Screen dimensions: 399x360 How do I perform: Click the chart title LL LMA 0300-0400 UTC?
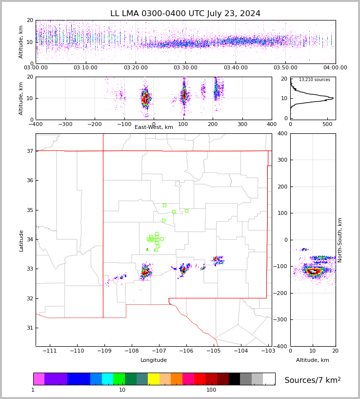point(185,14)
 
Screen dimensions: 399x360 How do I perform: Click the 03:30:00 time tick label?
point(185,67)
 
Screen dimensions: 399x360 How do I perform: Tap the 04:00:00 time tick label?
point(335,67)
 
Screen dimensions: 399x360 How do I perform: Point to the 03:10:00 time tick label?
point(85,67)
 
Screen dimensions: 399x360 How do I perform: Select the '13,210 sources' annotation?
point(314,80)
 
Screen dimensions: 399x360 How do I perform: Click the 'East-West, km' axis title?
point(154,127)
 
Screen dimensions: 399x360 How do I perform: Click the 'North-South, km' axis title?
point(340,240)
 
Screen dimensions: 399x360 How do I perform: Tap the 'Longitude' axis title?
point(154,360)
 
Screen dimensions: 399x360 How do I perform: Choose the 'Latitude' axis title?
point(21,240)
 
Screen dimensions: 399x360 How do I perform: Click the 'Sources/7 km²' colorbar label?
point(313,380)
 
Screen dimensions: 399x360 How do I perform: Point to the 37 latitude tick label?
point(29,151)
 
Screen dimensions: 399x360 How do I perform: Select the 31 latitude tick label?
point(29,328)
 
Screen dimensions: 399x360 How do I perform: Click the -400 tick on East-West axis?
point(36,125)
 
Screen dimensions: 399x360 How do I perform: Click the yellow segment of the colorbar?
point(154,379)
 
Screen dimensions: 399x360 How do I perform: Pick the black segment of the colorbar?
point(234,379)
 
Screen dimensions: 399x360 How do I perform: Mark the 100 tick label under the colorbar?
point(211,390)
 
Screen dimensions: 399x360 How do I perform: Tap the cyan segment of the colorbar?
point(107,379)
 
